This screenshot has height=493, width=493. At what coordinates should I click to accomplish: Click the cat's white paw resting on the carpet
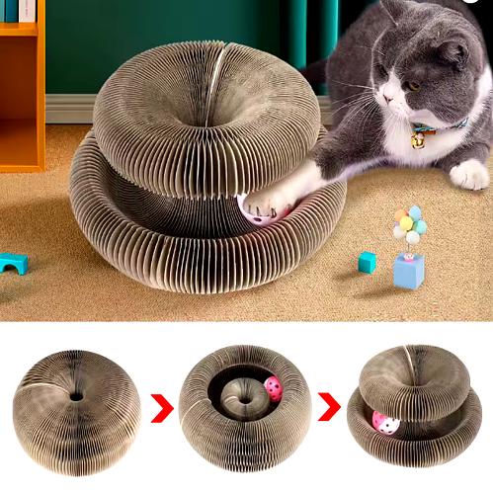tap(470, 174)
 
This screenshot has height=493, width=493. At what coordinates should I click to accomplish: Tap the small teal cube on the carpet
tap(368, 262)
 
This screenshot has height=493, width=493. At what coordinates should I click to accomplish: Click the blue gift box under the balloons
tap(408, 271)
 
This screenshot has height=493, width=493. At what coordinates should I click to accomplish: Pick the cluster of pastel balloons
tap(409, 224)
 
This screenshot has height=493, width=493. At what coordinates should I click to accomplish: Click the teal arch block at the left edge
tap(13, 263)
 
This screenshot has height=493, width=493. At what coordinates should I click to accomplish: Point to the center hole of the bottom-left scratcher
tap(75, 396)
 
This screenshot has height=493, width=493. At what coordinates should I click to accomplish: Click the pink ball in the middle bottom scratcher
tap(272, 387)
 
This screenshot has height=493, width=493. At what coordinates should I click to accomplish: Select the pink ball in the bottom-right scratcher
tap(385, 423)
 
